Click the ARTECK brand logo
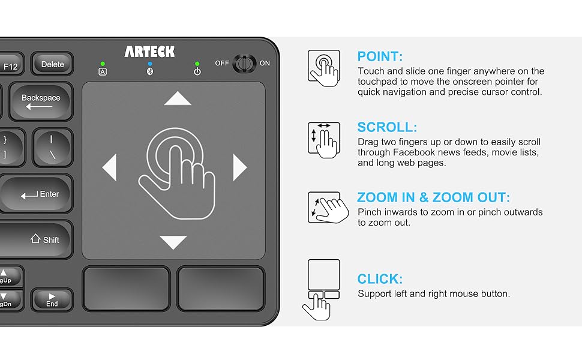[x=149, y=52]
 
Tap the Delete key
[x=52, y=64]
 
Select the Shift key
[x=36, y=239]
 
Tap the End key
[x=52, y=300]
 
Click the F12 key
[x=11, y=66]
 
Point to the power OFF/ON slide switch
[x=244, y=63]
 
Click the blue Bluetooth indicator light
[x=149, y=64]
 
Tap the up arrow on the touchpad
[x=178, y=98]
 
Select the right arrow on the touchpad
[x=239, y=167]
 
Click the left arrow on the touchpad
[x=110, y=167]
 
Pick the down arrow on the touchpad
[x=174, y=242]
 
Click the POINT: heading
[x=380, y=57]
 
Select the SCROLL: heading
[x=387, y=127]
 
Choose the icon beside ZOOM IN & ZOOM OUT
[x=325, y=207]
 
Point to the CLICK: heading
[x=380, y=279]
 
